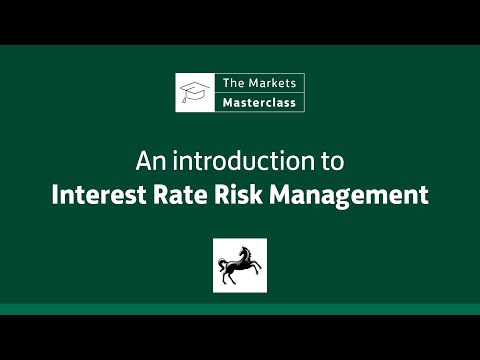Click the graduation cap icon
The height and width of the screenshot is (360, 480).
click(193, 92)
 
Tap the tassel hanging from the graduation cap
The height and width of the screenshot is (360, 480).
click(183, 100)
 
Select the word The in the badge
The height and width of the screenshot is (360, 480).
click(233, 83)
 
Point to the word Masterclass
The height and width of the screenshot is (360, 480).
click(257, 102)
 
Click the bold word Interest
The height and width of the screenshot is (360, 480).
click(96, 193)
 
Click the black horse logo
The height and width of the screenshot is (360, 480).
click(240, 265)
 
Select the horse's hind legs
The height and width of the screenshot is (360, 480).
click(231, 279)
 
